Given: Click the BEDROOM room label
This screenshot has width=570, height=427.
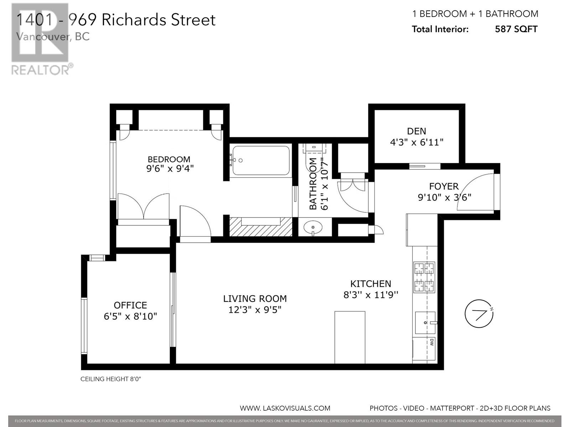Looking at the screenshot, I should point(169,159).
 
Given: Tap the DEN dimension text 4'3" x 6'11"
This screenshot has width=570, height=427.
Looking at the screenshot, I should point(416,142).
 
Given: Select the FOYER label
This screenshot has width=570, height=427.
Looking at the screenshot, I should point(444,186).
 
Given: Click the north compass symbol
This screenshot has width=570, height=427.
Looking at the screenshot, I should point(479,314).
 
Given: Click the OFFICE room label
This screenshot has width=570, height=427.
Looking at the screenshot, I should point(130,305).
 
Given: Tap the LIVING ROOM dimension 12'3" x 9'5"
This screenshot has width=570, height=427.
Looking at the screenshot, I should point(255,310).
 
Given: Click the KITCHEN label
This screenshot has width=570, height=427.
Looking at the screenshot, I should point(370,284).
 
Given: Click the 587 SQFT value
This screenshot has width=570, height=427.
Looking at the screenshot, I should point(516,29).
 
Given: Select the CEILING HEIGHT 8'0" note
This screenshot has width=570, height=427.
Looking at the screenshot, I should point(111,379).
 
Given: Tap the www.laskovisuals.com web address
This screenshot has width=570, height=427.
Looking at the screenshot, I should point(285,408).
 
